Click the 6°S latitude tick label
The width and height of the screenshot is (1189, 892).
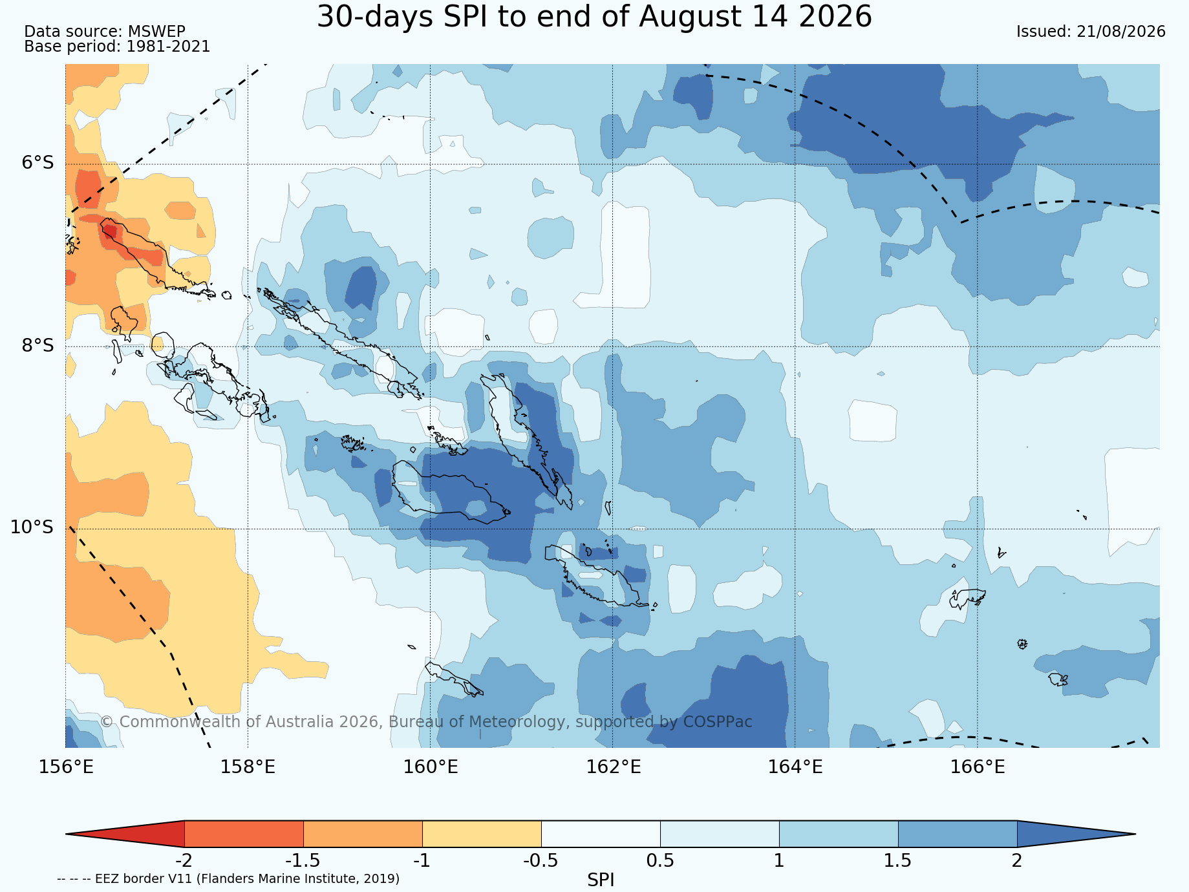click(x=38, y=162)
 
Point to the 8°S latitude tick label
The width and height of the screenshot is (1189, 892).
click(x=38, y=345)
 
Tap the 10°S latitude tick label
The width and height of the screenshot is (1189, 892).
click(x=32, y=527)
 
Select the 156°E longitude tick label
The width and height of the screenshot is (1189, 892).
click(x=66, y=767)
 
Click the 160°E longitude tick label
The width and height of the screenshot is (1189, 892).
click(x=431, y=767)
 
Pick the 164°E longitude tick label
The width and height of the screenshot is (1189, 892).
click(x=795, y=767)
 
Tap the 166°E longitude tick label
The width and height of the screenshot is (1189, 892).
click(x=978, y=767)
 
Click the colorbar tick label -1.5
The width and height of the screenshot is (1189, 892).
click(x=303, y=860)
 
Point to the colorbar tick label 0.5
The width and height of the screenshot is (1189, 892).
click(x=660, y=860)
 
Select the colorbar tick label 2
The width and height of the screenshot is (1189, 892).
click(x=1017, y=860)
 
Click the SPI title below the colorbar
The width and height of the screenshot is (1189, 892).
click(x=601, y=880)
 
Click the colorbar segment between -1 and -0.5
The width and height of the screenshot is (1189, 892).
click(x=482, y=834)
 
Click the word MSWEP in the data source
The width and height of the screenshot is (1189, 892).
click(x=156, y=32)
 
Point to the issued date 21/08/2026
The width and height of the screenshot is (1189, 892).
click(x=1121, y=32)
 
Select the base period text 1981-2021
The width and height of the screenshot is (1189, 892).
click(x=168, y=47)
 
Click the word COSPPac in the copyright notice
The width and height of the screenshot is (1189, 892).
click(x=718, y=722)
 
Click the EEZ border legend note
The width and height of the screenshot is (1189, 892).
click(x=228, y=879)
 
